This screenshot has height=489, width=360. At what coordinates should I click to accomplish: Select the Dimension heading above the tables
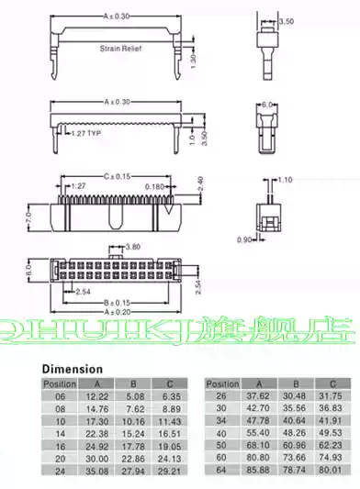[73, 369]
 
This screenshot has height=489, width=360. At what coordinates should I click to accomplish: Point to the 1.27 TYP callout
[88, 134]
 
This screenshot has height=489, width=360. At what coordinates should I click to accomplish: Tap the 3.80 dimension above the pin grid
[131, 247]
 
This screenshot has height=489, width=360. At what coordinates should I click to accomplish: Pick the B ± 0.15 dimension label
[117, 301]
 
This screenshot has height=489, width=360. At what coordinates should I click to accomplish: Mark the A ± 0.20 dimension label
[117, 311]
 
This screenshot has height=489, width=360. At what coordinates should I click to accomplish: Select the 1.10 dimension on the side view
[284, 181]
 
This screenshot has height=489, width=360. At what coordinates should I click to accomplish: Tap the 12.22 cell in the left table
[97, 395]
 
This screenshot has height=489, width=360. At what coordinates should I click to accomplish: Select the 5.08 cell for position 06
[132, 395]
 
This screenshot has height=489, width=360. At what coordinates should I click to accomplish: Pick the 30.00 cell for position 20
[97, 457]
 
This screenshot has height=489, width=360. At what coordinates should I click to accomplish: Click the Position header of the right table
[222, 383]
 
